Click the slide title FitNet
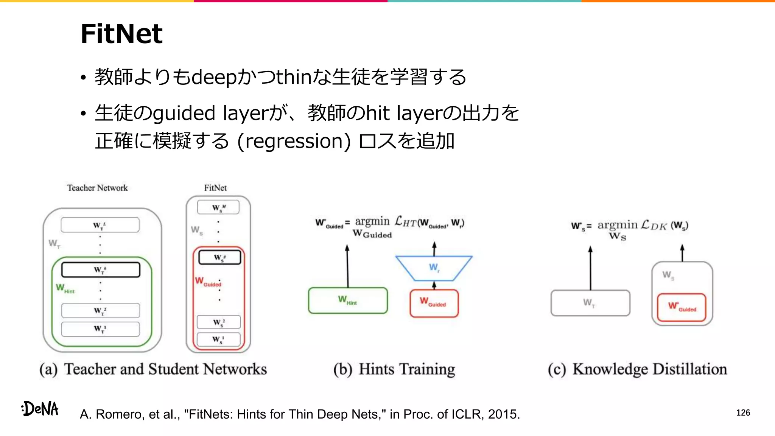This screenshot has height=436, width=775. pos(121,34)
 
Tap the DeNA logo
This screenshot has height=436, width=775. pos(40,409)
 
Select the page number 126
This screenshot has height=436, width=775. pos(743,413)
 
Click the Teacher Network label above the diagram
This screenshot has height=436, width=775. pos(98,188)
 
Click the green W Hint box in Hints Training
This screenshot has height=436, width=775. pos(348,301)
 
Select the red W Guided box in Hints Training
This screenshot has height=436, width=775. pos(434,303)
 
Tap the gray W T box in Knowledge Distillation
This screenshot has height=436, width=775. pos(590,303)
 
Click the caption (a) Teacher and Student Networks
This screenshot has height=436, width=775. pos(153,369)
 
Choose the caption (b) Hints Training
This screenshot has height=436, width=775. pos(394,369)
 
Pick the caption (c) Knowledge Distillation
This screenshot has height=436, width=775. pos(637,369)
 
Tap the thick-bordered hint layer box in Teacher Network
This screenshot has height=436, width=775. pos(101,270)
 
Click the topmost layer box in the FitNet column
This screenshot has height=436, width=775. pos(218,207)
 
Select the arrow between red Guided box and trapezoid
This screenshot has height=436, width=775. pos(434,285)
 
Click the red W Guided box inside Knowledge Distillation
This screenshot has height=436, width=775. pos(682,307)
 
